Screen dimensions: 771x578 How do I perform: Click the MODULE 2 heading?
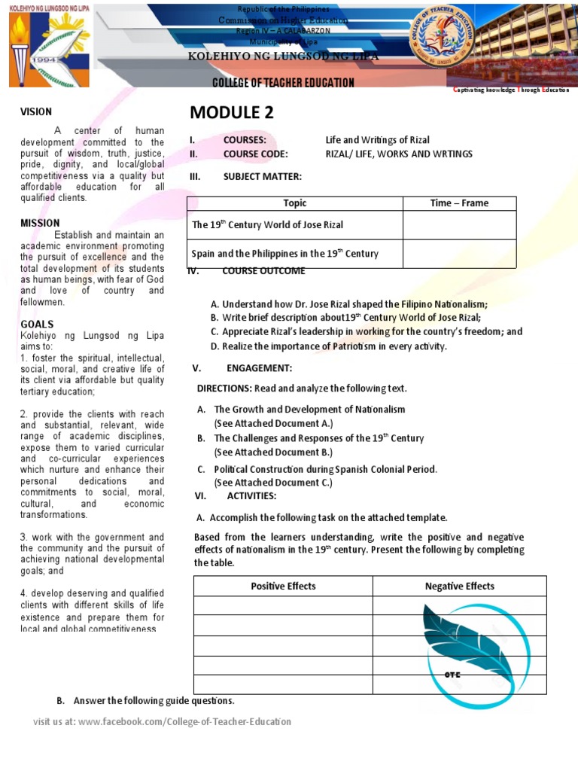(232, 113)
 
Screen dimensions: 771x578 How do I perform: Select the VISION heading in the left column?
(35, 112)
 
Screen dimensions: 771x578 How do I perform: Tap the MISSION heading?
(40, 223)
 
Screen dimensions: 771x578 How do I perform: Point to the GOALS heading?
(37, 324)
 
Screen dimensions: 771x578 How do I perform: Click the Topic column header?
(294, 203)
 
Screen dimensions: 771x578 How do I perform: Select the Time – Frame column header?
(459, 203)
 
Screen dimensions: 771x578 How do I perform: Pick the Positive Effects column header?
(283, 586)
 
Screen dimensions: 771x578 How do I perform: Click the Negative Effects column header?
(459, 586)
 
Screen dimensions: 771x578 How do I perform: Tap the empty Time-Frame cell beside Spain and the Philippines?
(459, 254)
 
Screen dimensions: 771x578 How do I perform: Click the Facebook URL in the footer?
(184, 722)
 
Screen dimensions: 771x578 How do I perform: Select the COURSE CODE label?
(255, 154)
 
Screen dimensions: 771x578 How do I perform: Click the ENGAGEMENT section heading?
(259, 368)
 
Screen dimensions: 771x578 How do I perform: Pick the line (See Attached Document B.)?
(273, 453)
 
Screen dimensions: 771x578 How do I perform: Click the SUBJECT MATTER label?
(262, 177)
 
